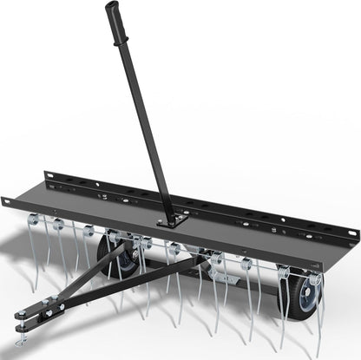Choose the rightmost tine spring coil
click(x=314, y=279)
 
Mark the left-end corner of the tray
click(x=5, y=201)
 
